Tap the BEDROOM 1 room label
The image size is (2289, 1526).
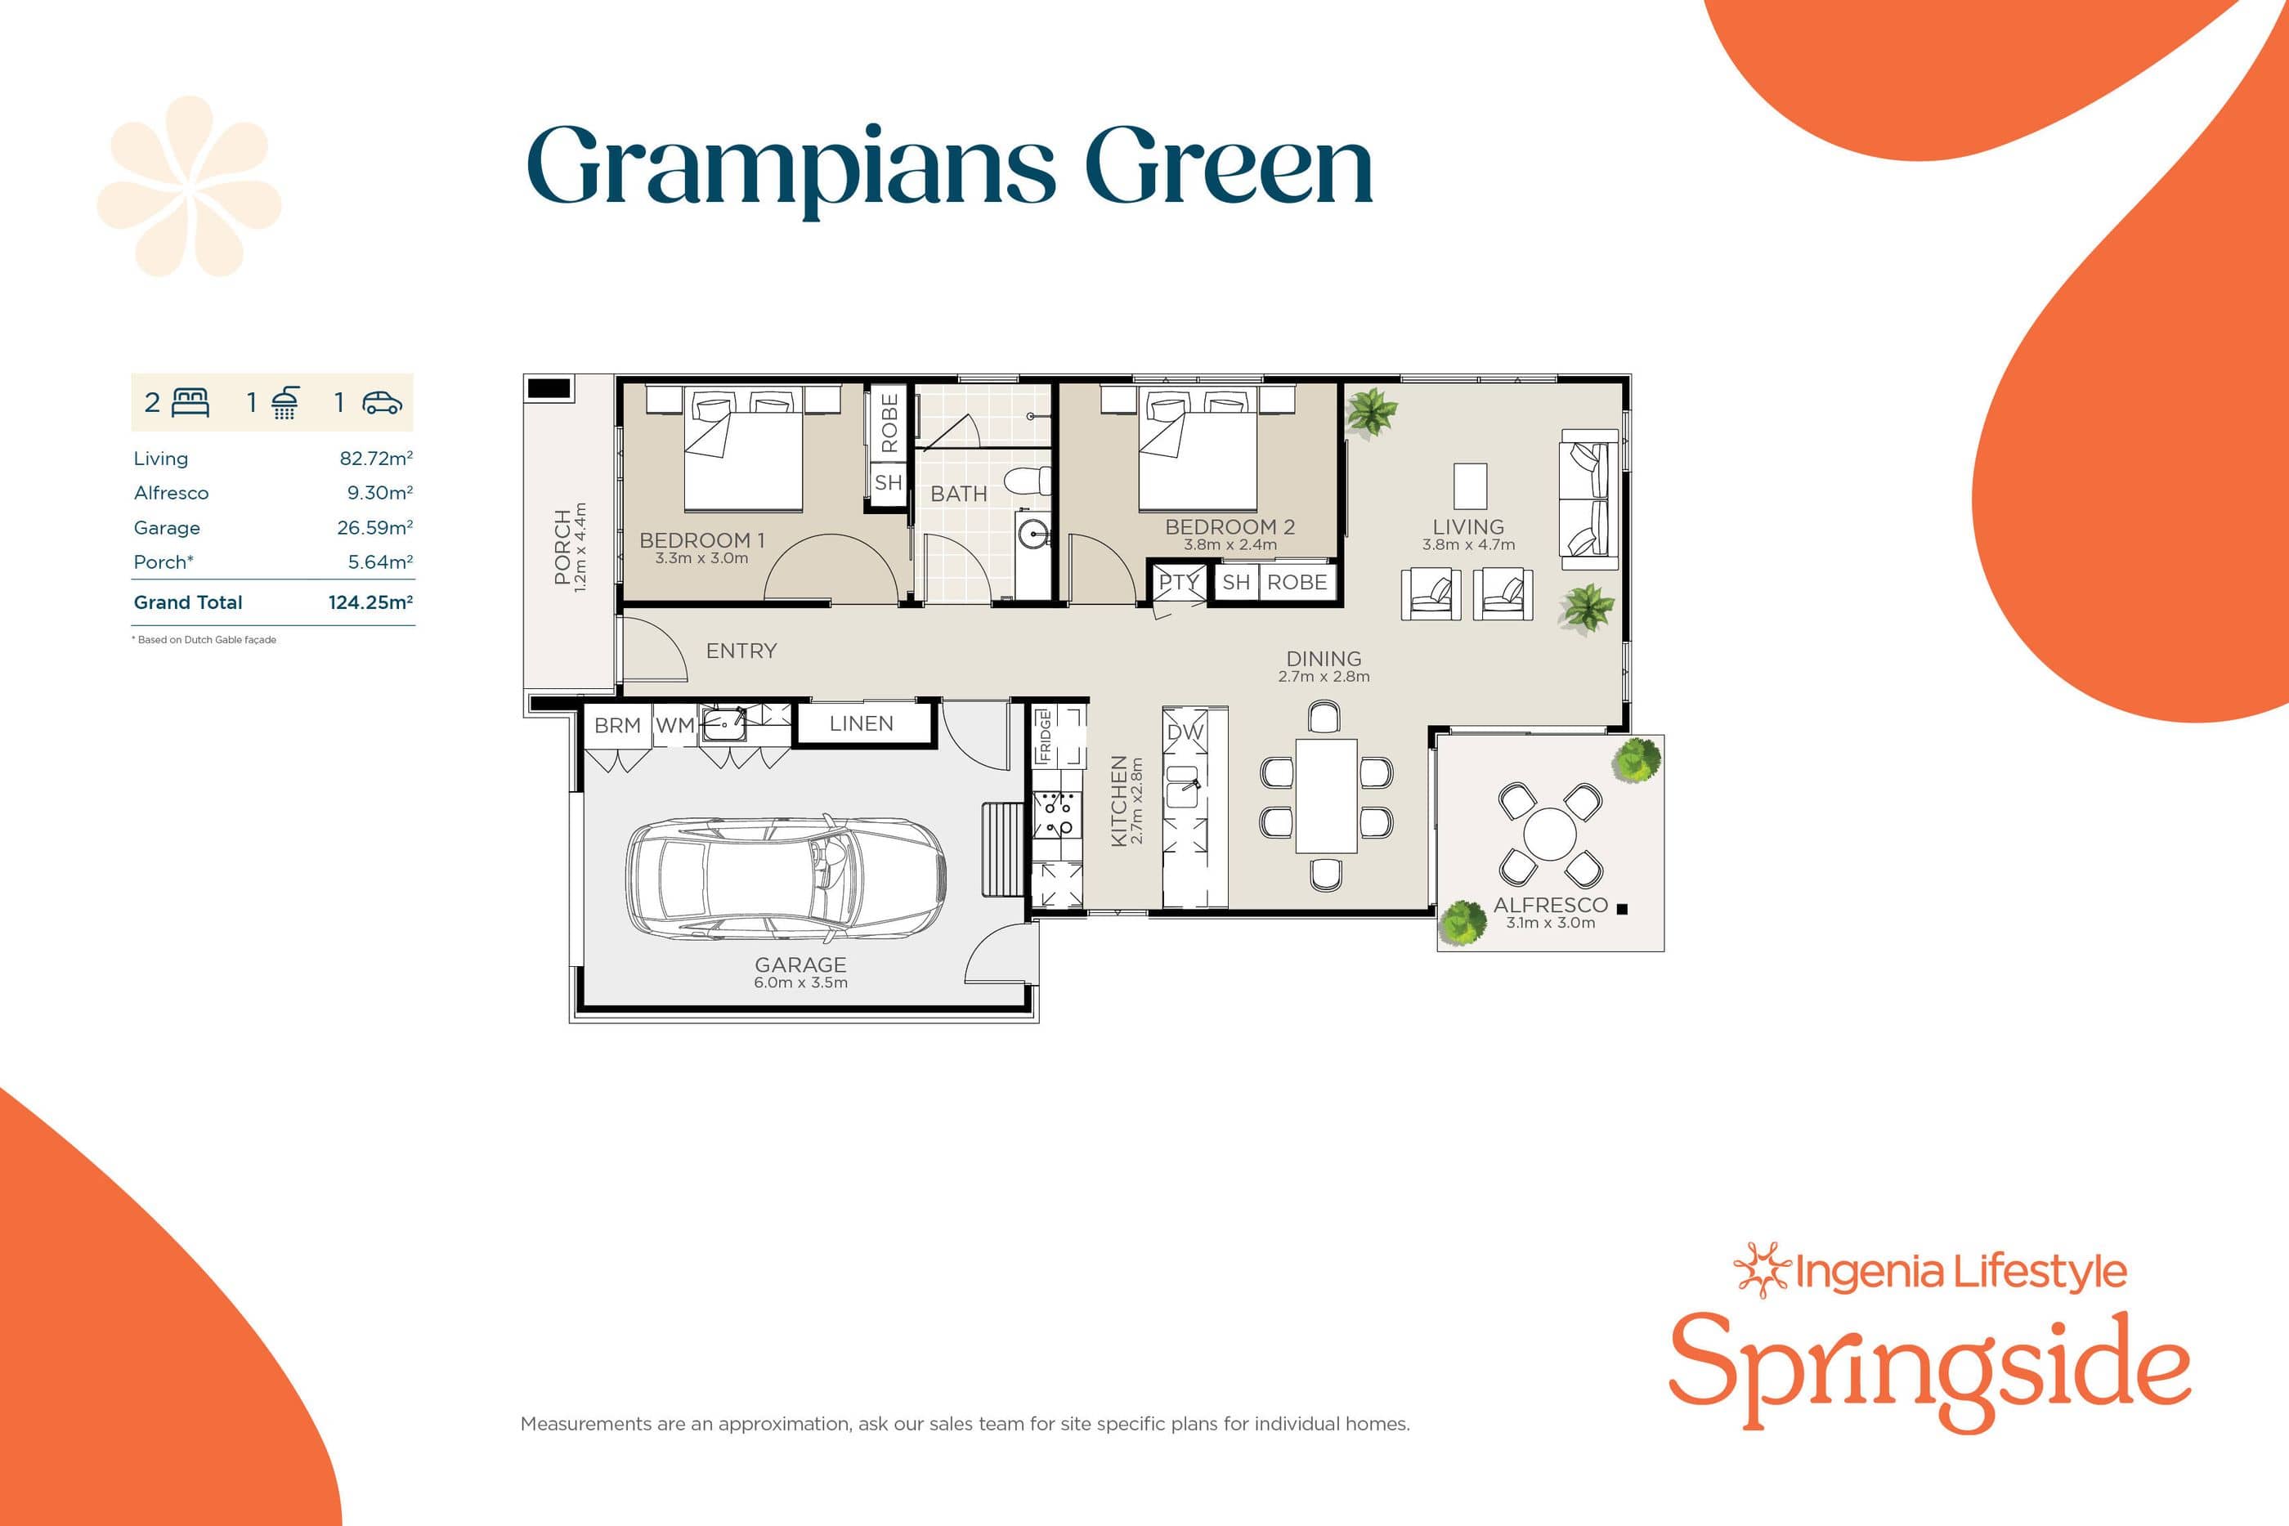(x=701, y=540)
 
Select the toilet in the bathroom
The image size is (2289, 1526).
(x=1028, y=480)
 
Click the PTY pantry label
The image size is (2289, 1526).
(x=1177, y=582)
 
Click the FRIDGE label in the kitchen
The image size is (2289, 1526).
(x=1044, y=736)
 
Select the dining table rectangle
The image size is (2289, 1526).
(x=1325, y=795)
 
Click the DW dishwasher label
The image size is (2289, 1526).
(x=1185, y=732)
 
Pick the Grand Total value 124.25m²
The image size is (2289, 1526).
(x=370, y=602)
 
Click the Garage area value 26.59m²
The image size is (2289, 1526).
(x=374, y=527)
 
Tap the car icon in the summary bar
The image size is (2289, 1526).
(x=382, y=402)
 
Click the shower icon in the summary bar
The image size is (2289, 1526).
(x=284, y=402)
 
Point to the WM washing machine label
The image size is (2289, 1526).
(x=674, y=725)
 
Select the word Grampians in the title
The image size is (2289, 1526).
(x=791, y=168)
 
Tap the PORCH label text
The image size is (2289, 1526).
(x=562, y=547)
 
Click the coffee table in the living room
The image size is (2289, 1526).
(x=1470, y=486)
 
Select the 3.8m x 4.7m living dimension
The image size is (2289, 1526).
(x=1467, y=545)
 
